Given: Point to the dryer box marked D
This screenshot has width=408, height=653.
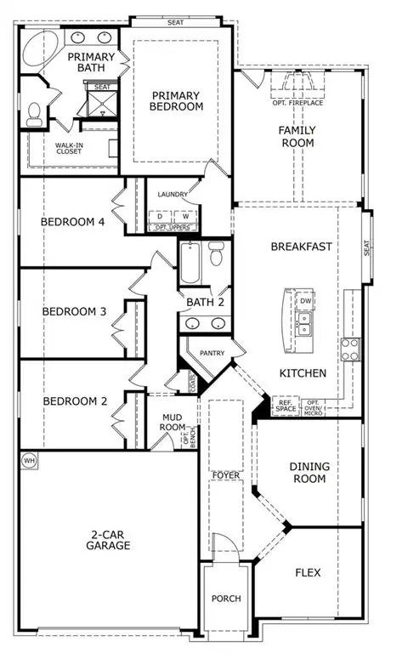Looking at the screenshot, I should (159, 216).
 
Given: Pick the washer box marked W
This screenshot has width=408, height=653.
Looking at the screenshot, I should (185, 216).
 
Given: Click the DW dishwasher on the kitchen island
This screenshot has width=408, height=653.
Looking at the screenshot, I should (304, 301).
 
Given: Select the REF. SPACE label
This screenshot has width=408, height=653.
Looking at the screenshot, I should (286, 406).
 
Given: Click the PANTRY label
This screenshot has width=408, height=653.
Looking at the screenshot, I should (211, 352).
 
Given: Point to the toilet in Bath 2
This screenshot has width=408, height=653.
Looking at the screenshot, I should (216, 253).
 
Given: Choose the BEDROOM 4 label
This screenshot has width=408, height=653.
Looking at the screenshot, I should (72, 222).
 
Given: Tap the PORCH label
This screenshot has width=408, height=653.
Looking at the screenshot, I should (226, 599).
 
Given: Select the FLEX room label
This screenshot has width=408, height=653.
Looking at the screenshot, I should (308, 572).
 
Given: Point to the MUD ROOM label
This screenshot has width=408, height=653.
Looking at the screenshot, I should (173, 423).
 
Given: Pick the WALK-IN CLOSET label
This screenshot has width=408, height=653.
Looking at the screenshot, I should (69, 150).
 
